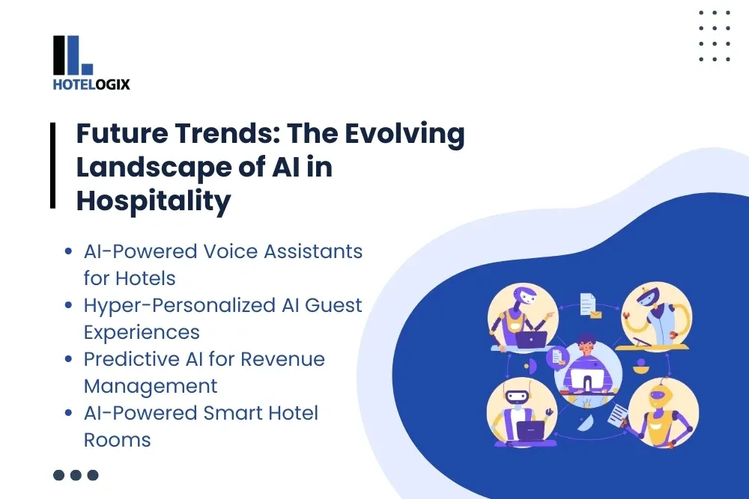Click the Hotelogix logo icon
pos(72,55)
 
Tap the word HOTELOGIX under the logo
pos(91,85)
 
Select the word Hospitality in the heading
pos(154,202)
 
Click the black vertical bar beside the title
pos(53,166)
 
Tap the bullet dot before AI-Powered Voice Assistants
pos(69,252)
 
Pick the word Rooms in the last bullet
pos(117,440)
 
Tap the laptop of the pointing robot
pos(530,339)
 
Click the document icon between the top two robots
pos(586,304)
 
